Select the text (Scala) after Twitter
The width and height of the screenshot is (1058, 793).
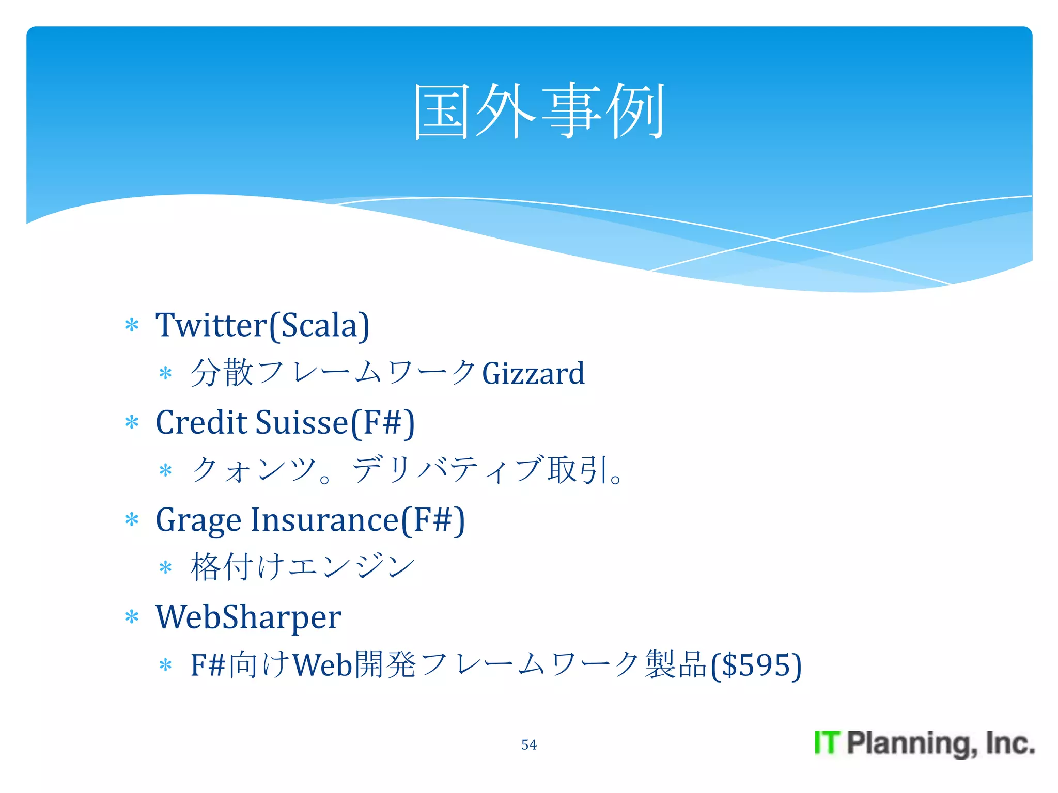(x=319, y=325)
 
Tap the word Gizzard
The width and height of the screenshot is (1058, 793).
(x=533, y=373)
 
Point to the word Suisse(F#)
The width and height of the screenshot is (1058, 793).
(x=335, y=422)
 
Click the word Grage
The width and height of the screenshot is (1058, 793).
(x=198, y=520)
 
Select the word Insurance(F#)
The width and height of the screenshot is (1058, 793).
(x=357, y=520)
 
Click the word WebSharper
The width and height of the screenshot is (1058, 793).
(x=248, y=617)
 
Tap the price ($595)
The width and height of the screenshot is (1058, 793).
(x=756, y=665)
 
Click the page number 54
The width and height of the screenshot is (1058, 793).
(x=528, y=744)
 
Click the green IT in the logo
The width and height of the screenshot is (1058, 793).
(x=827, y=743)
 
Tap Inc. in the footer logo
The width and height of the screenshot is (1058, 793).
(x=1009, y=743)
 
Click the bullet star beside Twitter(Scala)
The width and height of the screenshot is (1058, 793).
(x=132, y=325)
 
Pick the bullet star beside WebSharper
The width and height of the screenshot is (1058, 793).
(x=132, y=617)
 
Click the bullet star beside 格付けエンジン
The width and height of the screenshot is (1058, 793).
(x=165, y=568)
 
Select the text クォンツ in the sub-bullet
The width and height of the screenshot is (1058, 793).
(x=253, y=470)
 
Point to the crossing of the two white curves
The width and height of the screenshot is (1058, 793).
(x=773, y=240)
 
